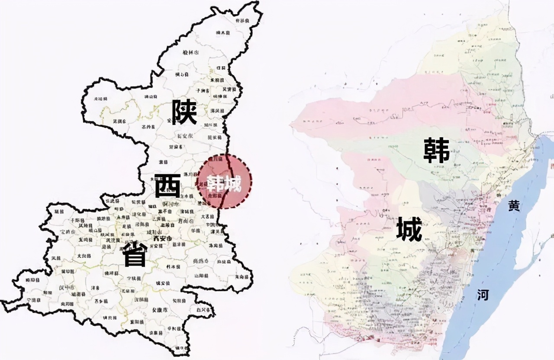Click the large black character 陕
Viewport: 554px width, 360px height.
184,112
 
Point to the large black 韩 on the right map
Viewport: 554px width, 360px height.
436,150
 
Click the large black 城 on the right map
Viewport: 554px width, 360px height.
409,229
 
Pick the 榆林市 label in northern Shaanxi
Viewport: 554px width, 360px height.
190,53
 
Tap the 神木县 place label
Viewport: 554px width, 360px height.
224,33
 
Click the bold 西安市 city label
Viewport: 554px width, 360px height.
162,238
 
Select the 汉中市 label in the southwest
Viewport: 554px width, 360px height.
66,287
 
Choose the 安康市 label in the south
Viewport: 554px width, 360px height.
160,310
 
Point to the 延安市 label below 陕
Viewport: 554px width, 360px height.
185,136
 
